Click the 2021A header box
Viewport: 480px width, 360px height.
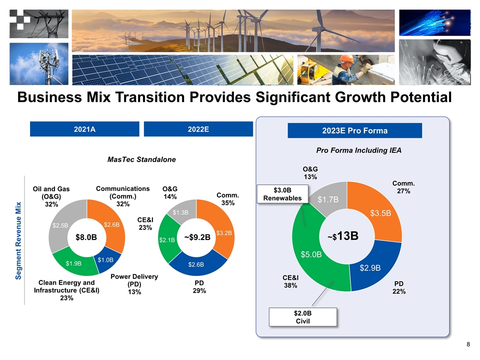pyautogui.click(x=84, y=129)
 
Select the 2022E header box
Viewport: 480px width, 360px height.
pyautogui.click(x=198, y=129)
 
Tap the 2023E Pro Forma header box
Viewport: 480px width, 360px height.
pyautogui.click(x=355, y=131)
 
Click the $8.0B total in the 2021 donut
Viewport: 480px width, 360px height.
pyautogui.click(x=86, y=237)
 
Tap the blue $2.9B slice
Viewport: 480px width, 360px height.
pyautogui.click(x=371, y=268)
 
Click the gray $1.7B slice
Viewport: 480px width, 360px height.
pyautogui.click(x=328, y=199)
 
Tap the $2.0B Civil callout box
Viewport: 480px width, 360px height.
pyautogui.click(x=301, y=316)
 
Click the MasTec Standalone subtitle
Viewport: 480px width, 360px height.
pyautogui.click(x=141, y=159)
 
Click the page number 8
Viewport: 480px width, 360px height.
pyautogui.click(x=468, y=344)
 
